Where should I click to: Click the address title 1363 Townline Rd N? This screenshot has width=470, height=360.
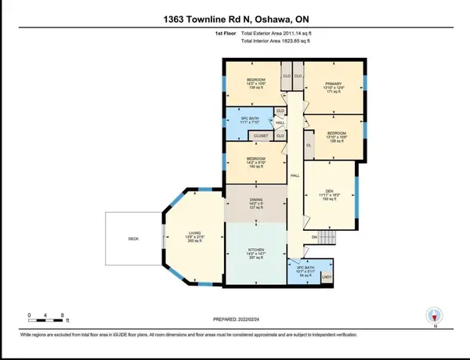235,20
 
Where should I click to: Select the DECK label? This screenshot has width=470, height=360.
133,241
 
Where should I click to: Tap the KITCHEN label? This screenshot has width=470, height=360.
255,253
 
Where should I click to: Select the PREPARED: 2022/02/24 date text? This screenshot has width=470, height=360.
235,319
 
